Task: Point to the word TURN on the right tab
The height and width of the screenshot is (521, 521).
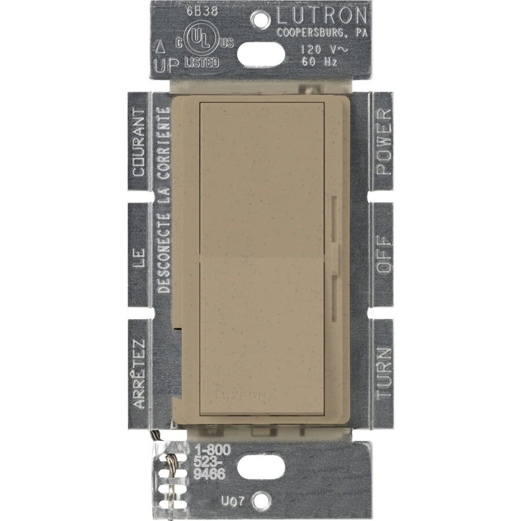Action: [x=384, y=372]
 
